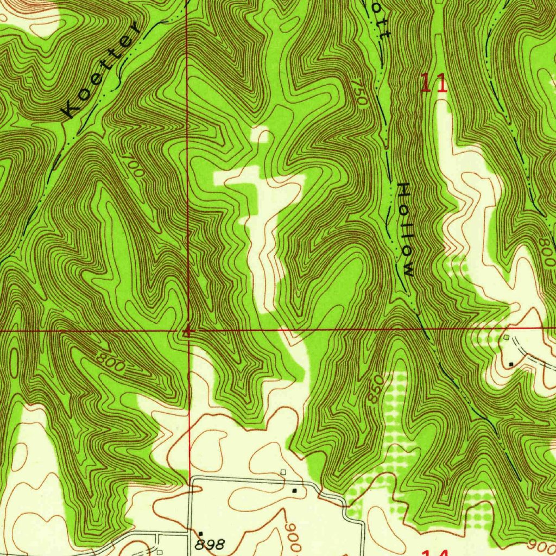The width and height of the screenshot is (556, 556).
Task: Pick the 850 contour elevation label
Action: click(x=374, y=388)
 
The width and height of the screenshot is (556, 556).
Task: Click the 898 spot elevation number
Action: click(x=210, y=544)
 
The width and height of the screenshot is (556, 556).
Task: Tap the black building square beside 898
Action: click(x=200, y=534)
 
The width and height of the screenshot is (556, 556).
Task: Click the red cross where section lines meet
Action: click(x=187, y=331)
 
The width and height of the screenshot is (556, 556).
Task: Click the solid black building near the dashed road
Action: click(x=511, y=363)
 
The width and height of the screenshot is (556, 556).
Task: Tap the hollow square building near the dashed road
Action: click(x=506, y=337)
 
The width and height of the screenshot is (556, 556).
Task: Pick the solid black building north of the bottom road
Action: click(x=294, y=490)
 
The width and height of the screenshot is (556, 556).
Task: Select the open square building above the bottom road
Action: click(x=283, y=472)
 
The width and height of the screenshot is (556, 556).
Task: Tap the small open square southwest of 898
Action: click(x=159, y=552)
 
